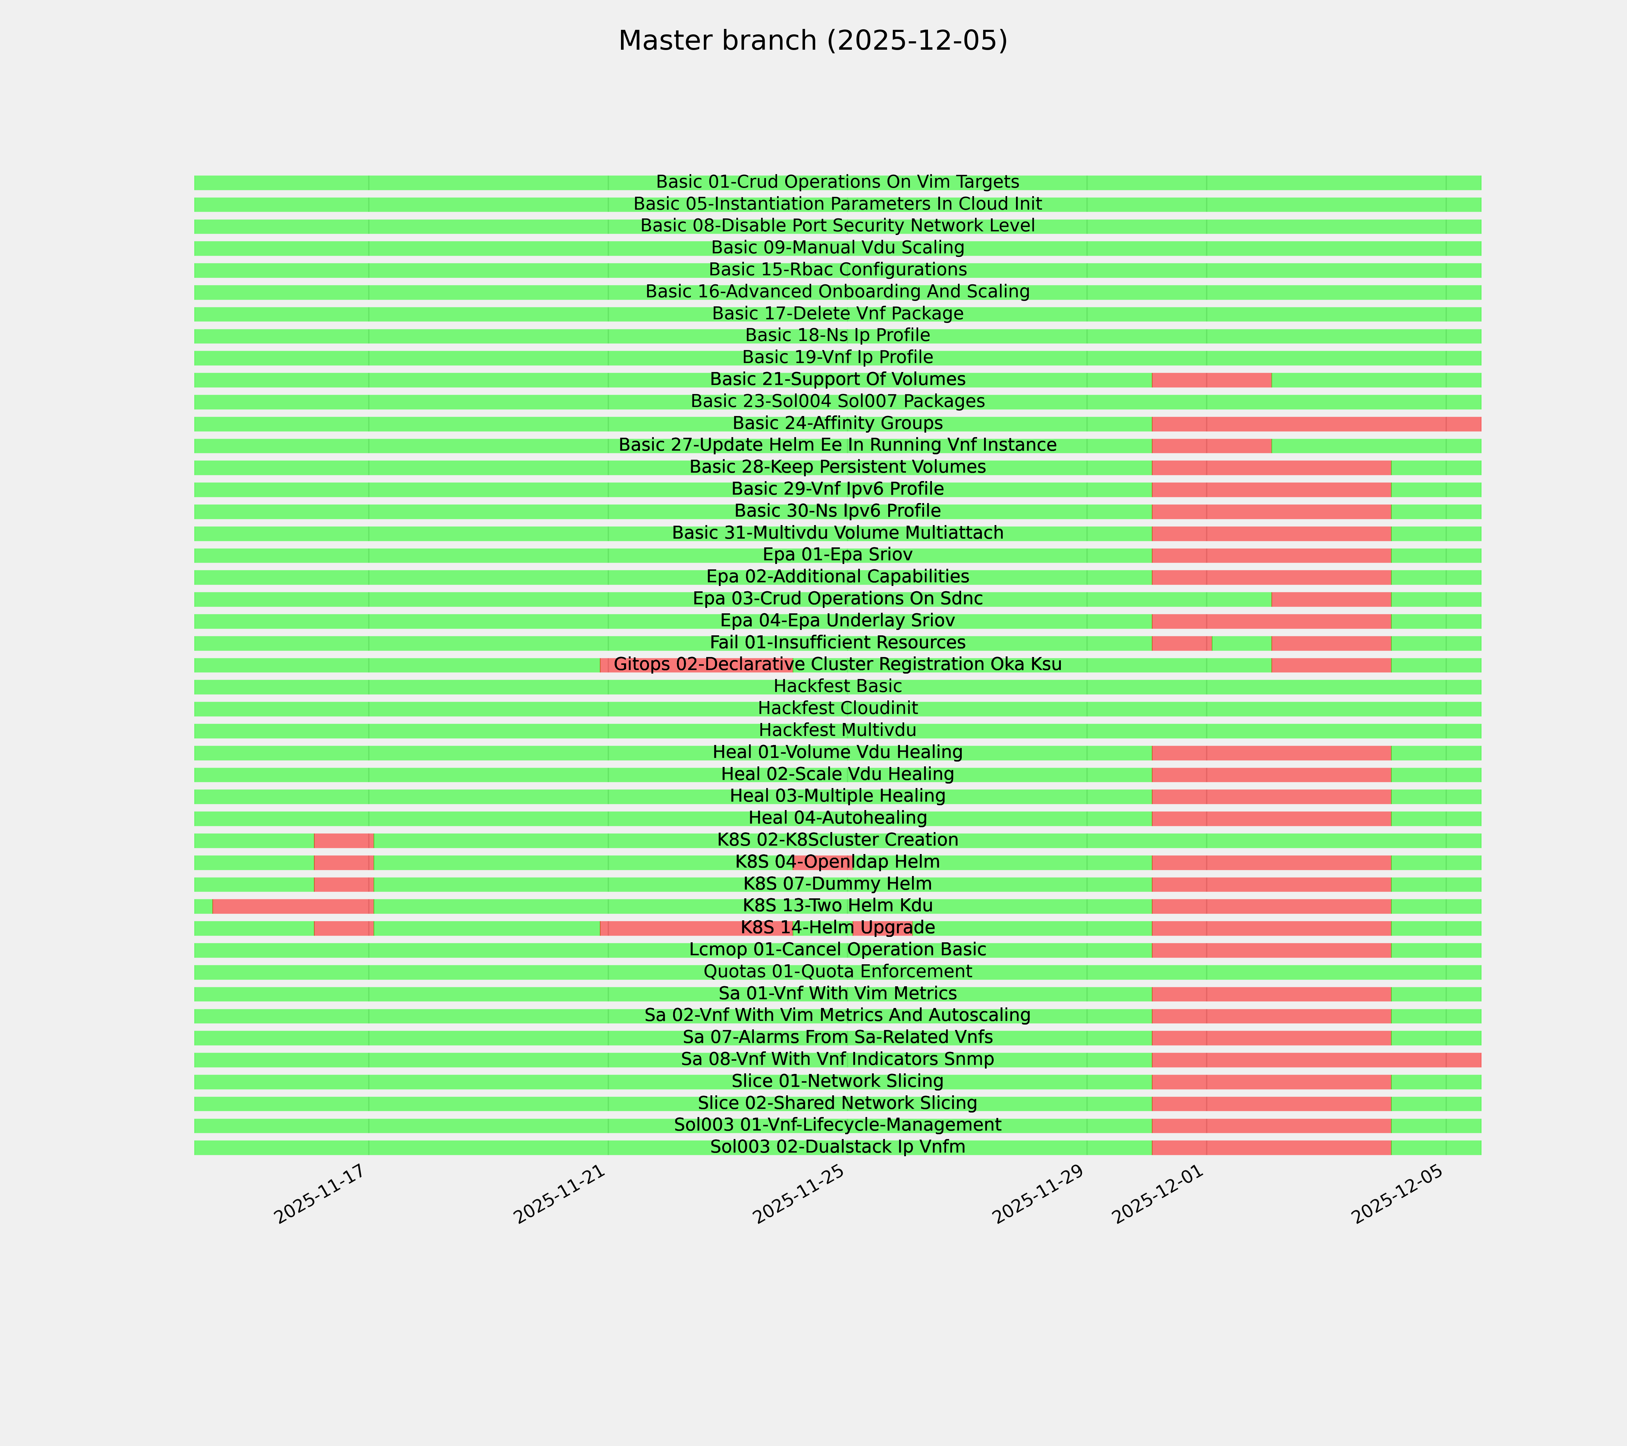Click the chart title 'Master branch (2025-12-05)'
pos(813,41)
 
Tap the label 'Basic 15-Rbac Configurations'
pos(837,270)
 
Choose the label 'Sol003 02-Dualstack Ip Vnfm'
pos(837,1147)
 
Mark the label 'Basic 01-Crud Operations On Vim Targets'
pos(837,182)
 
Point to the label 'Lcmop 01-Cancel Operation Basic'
pos(837,950)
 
